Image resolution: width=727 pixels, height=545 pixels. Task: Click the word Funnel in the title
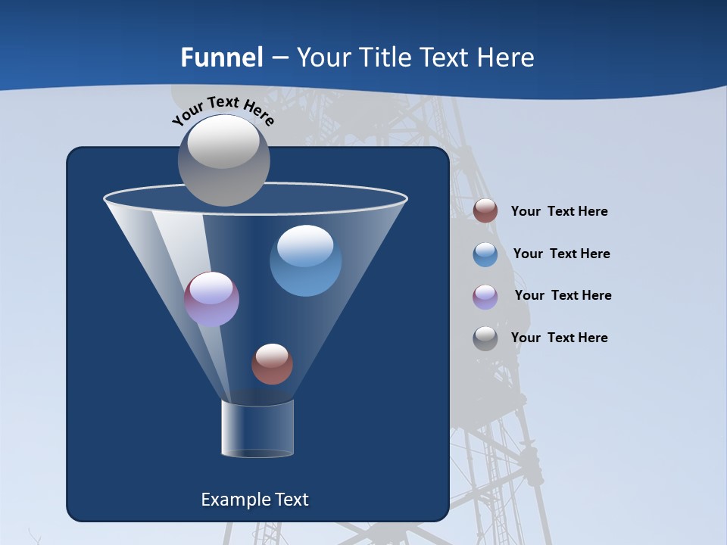222,58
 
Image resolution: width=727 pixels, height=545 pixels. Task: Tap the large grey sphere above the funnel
223,160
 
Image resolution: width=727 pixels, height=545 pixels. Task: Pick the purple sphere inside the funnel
211,300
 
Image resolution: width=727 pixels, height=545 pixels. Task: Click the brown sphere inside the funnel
272,364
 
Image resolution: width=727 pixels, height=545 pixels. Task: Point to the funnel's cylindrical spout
257,429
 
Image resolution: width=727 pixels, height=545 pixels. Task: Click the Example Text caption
254,500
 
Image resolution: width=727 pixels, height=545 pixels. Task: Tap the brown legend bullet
485,211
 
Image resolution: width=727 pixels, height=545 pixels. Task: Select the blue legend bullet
485,254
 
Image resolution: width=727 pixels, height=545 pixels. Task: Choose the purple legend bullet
485,297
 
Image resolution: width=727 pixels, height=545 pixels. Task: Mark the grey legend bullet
485,338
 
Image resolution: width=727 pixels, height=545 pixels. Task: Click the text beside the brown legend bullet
559,211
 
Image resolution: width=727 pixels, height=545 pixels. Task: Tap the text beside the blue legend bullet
561,254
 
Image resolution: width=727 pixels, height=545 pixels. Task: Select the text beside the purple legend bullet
563,295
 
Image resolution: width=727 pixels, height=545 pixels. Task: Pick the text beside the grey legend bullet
559,338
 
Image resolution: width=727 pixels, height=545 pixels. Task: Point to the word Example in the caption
229,500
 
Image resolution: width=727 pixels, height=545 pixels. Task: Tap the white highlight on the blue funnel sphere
305,244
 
